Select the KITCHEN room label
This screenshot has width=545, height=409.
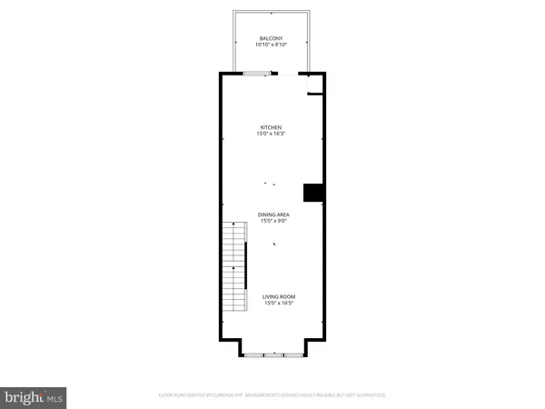pyautogui.click(x=272, y=127)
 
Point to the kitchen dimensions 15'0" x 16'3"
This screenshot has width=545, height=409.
pyautogui.click(x=272, y=134)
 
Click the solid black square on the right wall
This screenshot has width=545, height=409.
pyautogui.click(x=313, y=193)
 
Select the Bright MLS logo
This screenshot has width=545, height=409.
pyautogui.click(x=35, y=395)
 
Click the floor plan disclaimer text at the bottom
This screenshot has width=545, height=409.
pyautogui.click(x=272, y=394)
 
